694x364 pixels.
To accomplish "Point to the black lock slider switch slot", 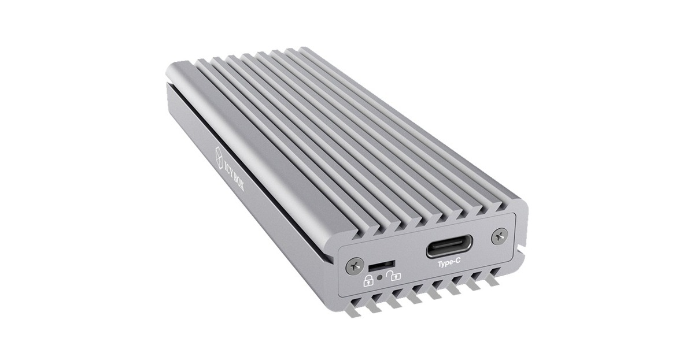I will pos(376,268).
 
